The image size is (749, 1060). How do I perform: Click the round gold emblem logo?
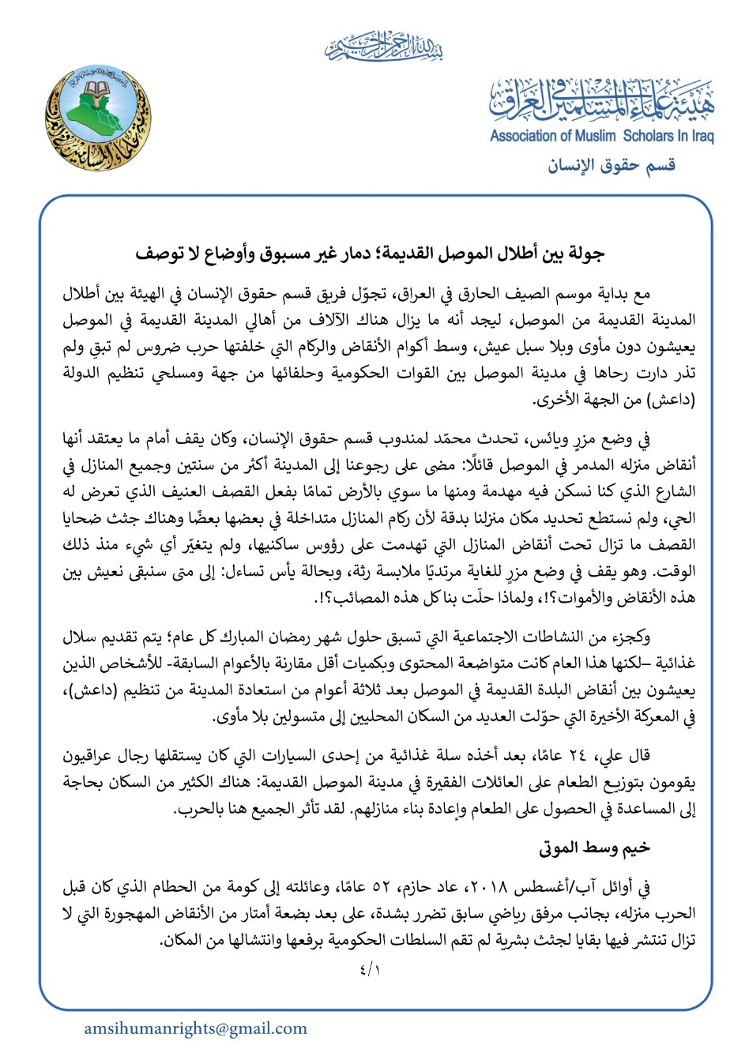click(x=97, y=118)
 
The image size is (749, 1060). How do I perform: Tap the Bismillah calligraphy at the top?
click(x=384, y=47)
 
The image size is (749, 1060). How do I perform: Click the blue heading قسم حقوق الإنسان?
click(x=612, y=164)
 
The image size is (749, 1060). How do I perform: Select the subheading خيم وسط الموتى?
click(x=595, y=848)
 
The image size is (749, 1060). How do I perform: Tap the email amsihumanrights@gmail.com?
click(x=196, y=1028)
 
